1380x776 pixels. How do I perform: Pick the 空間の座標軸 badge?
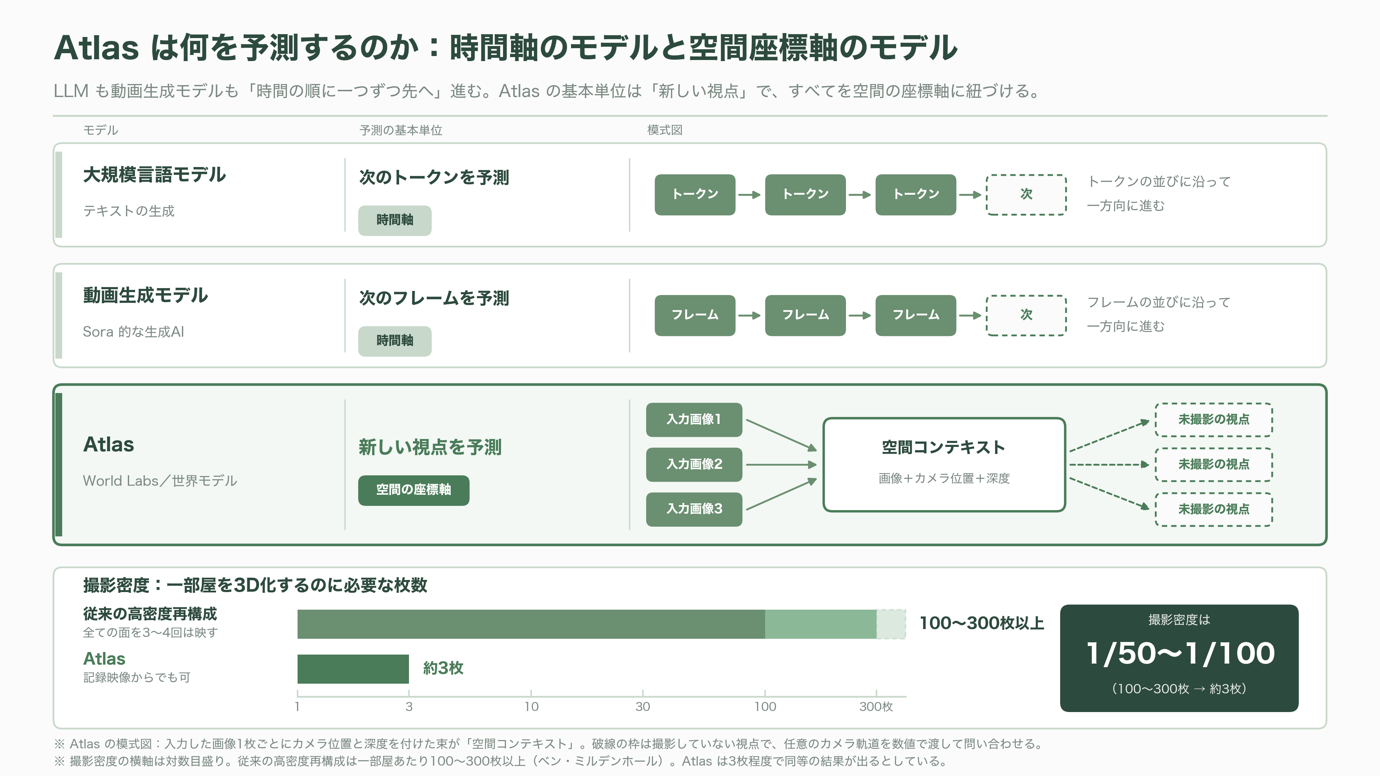[x=414, y=490]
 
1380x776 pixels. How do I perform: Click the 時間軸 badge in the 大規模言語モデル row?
[x=395, y=220]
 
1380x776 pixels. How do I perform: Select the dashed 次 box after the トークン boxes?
[x=1026, y=194]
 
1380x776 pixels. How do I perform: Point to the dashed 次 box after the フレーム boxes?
[x=1026, y=315]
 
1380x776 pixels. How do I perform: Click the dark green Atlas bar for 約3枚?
[x=353, y=669]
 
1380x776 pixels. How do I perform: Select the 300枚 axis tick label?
[x=876, y=707]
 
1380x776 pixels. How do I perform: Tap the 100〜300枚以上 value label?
[x=981, y=623]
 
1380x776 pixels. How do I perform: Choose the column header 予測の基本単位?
[x=401, y=130]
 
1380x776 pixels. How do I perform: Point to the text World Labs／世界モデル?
[x=160, y=481]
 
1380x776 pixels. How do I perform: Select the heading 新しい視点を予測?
[x=430, y=447]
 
